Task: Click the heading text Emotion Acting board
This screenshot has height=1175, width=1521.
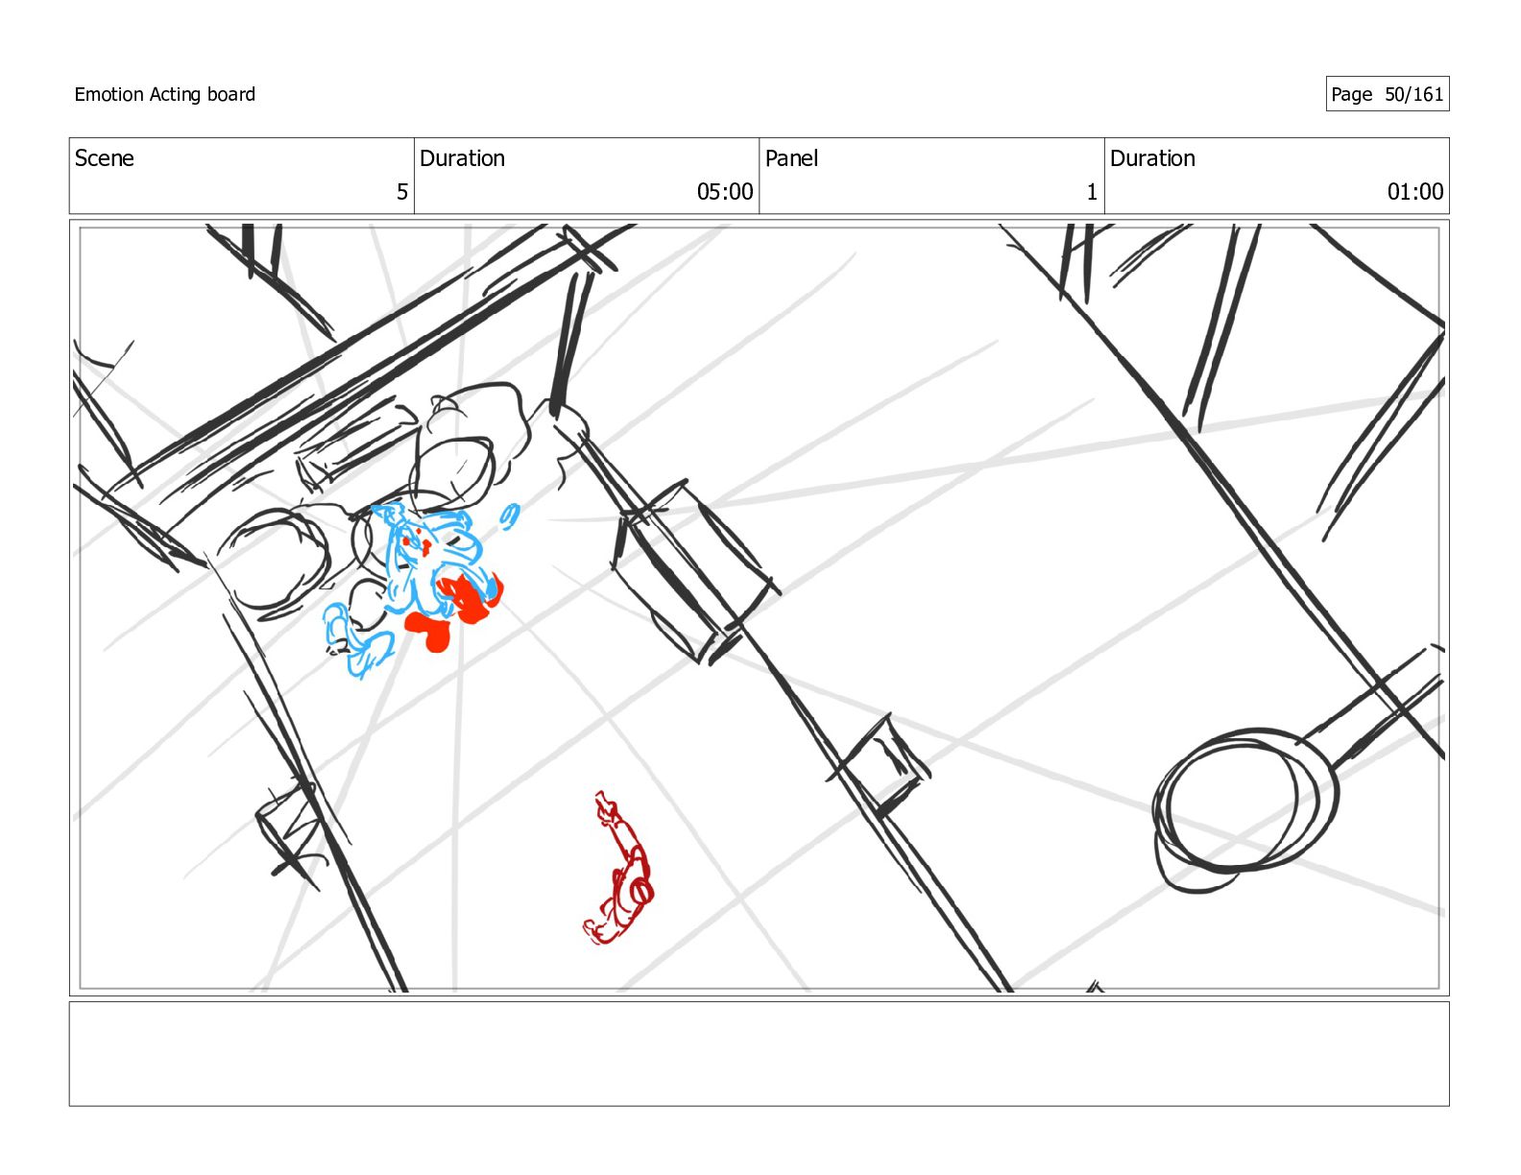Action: coord(164,94)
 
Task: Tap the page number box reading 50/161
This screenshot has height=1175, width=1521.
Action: coord(1387,94)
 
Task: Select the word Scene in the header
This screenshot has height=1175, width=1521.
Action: coord(104,158)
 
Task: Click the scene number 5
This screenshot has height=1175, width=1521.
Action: coord(401,192)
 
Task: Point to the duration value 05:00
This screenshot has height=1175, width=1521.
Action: coord(724,192)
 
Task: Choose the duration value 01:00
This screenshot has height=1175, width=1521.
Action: coord(1414,192)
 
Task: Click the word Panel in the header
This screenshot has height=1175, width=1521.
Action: coord(791,158)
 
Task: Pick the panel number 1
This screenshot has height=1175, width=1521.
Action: coord(1091,192)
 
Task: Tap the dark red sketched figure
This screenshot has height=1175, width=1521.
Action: coord(619,868)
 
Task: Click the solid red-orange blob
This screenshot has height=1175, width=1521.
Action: coord(455,611)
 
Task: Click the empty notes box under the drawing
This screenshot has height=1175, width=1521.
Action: coord(759,1054)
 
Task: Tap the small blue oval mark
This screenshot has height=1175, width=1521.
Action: coord(510,516)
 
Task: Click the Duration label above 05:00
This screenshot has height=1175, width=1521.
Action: coord(462,158)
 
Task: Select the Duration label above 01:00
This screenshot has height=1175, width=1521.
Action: coord(1152,158)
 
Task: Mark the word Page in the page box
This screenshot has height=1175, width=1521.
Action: coord(1352,94)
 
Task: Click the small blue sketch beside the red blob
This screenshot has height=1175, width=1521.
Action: coord(358,640)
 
